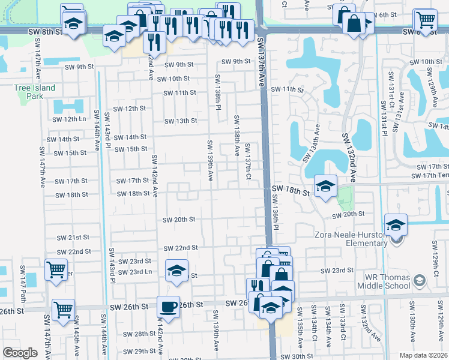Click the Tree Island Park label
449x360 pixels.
(35, 92)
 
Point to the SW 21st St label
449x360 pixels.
(79, 238)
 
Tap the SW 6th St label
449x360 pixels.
(384, 14)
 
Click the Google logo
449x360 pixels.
(20, 353)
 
